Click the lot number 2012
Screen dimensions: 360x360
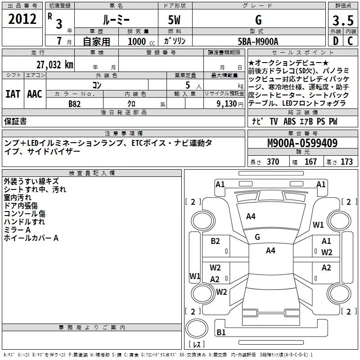(22, 19)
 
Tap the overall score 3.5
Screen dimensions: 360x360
(342, 20)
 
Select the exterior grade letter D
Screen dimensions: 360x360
(335, 41)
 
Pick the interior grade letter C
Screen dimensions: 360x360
(350, 41)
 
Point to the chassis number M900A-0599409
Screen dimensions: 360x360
(302, 144)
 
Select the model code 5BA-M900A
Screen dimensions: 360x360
(258, 41)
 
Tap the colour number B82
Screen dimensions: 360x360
(75, 103)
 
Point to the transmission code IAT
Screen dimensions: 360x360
(13, 94)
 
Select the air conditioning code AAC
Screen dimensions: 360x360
(34, 94)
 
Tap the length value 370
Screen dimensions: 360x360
(273, 162)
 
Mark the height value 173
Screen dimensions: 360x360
(346, 162)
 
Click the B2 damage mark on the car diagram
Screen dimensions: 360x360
(216, 241)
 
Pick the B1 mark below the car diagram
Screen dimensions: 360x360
(220, 332)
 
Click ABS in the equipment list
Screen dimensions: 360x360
(290, 121)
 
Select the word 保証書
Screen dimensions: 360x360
(15, 121)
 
